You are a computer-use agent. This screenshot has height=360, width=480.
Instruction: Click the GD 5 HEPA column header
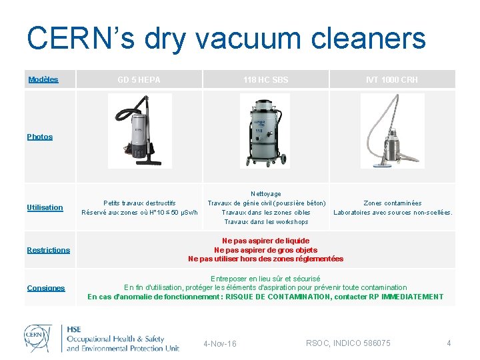(x=139, y=80)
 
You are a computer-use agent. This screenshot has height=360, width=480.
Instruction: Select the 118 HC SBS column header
(x=265, y=80)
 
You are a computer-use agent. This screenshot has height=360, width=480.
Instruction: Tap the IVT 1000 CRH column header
(x=392, y=80)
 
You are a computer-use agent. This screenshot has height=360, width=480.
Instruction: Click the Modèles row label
(x=43, y=80)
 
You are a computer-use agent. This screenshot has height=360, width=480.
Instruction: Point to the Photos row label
(x=40, y=137)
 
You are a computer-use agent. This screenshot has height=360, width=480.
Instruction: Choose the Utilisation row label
(x=45, y=207)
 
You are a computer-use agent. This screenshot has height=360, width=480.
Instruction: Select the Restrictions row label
(x=48, y=250)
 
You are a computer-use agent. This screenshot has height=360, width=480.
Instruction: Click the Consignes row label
(x=46, y=288)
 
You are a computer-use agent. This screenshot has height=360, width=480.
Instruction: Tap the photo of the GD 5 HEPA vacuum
(x=139, y=130)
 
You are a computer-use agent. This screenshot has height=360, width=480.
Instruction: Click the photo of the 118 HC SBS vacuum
(x=265, y=130)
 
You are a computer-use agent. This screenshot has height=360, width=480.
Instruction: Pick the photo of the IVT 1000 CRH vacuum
(x=392, y=130)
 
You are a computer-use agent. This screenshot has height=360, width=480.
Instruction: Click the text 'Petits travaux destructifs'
(x=139, y=203)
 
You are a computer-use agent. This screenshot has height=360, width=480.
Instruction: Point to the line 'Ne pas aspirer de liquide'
(x=265, y=241)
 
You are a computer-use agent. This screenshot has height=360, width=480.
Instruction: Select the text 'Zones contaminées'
(x=392, y=203)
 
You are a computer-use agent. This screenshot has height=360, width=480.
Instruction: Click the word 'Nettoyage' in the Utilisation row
(x=265, y=193)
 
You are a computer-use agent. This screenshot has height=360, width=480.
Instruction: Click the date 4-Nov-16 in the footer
(x=219, y=344)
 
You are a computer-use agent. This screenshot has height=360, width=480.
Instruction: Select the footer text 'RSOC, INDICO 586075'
(x=348, y=343)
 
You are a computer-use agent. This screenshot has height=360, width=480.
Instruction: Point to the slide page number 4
(x=449, y=343)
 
